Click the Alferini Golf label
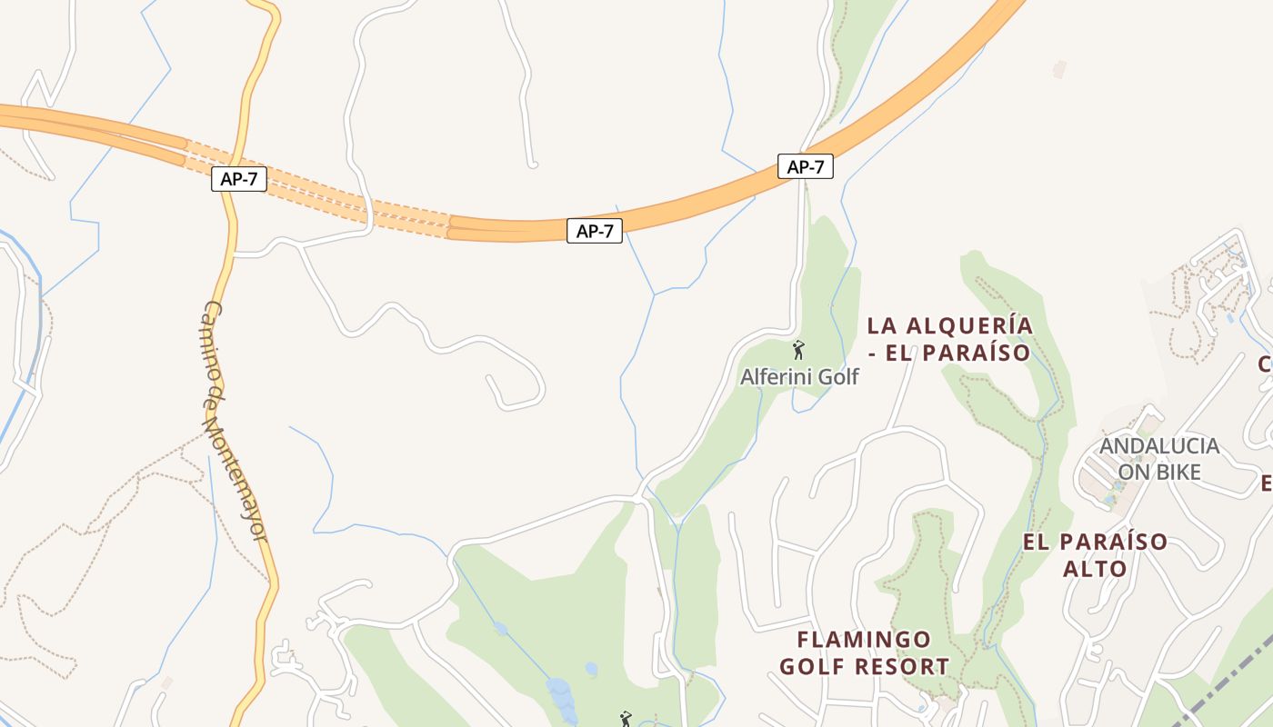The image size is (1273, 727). tap(799, 376)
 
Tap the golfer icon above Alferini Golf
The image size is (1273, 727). tap(799, 350)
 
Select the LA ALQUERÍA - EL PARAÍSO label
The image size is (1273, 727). tap(949, 339)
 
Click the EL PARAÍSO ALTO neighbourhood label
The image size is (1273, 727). tap(1095, 555)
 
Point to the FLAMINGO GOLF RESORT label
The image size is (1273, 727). tap(864, 652)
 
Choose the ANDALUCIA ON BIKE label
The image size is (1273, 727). tap(1159, 459)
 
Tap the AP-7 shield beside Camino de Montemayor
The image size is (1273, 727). tap(239, 179)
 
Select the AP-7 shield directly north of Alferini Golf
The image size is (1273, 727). tap(805, 166)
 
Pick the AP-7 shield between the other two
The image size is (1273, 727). tap(595, 231)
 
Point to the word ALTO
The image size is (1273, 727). tap(1095, 569)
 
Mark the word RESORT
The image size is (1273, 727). tap(904, 666)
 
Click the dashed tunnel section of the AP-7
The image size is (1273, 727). tap(318, 192)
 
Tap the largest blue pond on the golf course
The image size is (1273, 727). tap(559, 695)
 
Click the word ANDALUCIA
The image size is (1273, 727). tap(1159, 446)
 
